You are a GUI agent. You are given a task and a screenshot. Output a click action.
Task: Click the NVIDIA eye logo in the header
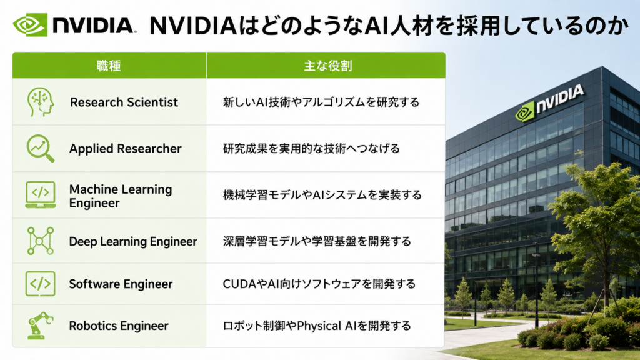point(30,24)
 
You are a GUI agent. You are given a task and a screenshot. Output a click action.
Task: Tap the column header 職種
point(109,66)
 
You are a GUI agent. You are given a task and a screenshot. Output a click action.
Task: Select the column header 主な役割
point(327,66)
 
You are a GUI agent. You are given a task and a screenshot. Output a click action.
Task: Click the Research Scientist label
point(124,102)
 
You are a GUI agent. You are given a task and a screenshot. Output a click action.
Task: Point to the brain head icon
point(40,102)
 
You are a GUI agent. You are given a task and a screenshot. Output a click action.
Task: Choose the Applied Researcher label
point(125,149)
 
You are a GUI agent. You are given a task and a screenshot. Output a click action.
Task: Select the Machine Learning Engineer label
point(121,196)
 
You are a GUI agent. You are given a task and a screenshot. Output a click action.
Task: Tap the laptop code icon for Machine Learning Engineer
point(41,195)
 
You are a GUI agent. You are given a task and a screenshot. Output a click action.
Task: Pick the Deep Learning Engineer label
point(133,242)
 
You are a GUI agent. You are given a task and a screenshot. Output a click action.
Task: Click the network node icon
point(41,241)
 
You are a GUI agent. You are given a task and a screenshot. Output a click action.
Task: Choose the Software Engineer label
point(121,284)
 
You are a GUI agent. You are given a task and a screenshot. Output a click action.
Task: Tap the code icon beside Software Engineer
point(41,284)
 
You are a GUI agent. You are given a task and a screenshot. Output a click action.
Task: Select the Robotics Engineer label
point(119,326)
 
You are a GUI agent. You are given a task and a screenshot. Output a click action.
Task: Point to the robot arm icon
point(40,326)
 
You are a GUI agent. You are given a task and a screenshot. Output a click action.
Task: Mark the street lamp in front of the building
point(536,286)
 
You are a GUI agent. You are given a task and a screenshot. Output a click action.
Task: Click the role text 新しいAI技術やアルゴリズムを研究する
point(321,102)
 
